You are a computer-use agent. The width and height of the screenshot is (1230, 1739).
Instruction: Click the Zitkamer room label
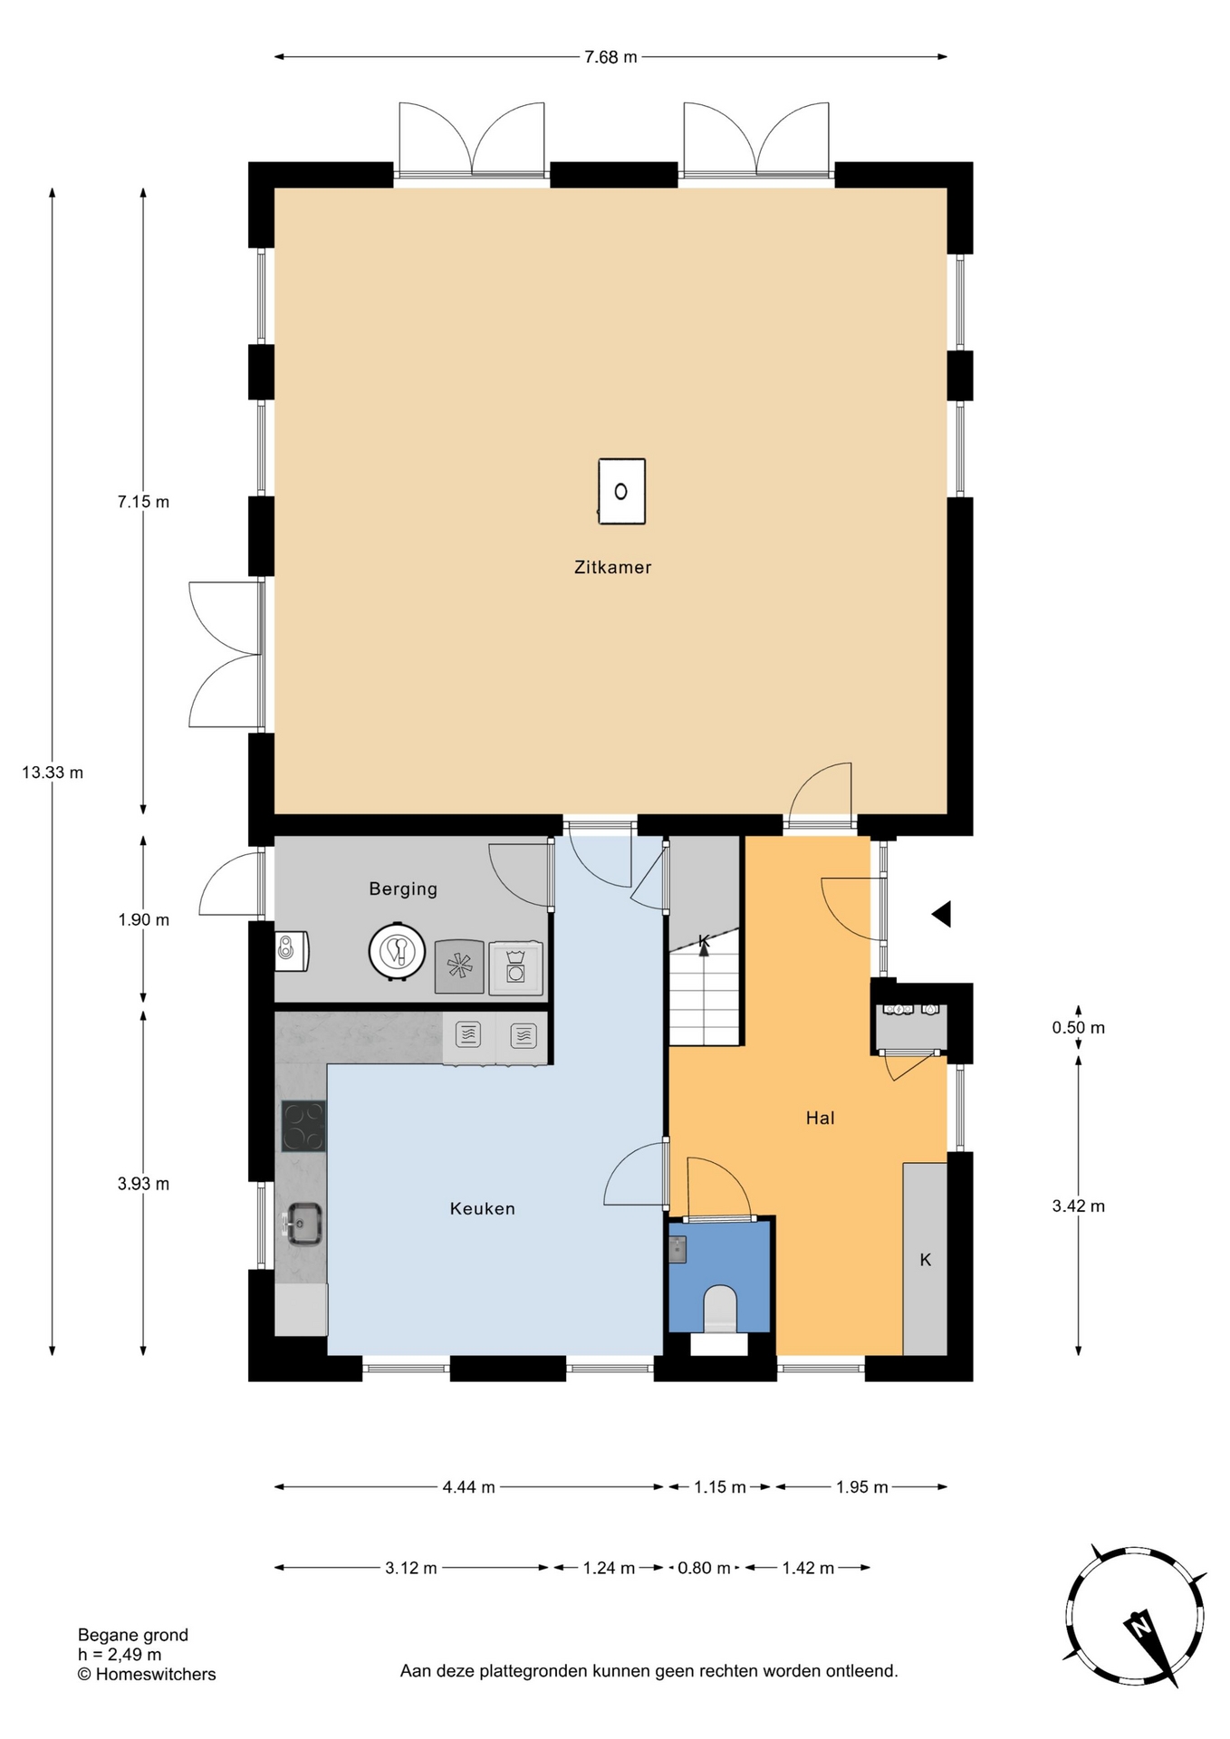(x=612, y=567)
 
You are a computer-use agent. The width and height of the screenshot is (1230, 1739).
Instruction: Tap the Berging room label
(x=403, y=889)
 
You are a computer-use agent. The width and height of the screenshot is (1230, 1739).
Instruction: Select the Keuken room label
(x=482, y=1208)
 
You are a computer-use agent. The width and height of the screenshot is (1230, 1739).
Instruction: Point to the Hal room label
(x=820, y=1118)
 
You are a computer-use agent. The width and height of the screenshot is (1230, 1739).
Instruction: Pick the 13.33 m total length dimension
(x=53, y=773)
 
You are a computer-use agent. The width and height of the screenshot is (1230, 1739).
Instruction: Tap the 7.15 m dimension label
(x=143, y=502)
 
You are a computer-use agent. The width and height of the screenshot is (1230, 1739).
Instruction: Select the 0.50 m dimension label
(x=1078, y=1028)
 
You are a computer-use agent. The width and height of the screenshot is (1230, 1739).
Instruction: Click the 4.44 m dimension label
(x=468, y=1487)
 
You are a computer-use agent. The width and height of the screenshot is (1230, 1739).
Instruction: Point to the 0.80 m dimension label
(x=704, y=1568)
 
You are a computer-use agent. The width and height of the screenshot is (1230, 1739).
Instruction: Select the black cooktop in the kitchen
(x=303, y=1126)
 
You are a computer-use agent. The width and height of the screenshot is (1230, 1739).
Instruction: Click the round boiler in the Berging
(x=397, y=951)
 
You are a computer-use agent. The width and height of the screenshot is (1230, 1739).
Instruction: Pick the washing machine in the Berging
(x=516, y=968)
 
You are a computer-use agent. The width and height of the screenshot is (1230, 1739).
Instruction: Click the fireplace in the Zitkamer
(x=622, y=492)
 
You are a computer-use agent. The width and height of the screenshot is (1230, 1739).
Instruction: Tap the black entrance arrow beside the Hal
(x=941, y=914)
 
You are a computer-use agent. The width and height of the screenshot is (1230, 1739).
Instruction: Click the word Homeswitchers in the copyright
(x=156, y=1675)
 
